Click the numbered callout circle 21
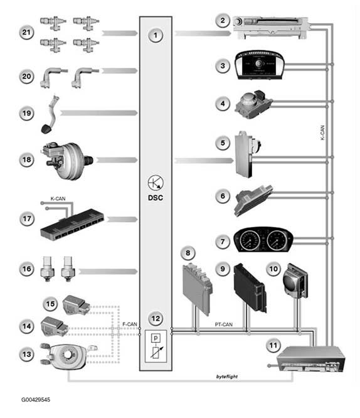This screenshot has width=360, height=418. point(26,33)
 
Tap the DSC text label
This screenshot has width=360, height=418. point(156,198)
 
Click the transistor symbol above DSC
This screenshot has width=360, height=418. point(156,183)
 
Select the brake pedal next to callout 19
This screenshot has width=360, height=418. point(50,115)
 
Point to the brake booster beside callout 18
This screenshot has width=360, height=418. point(67,160)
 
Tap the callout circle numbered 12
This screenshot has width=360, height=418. point(156,319)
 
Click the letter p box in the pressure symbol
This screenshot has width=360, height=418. point(156,338)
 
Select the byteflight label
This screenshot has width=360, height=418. point(227,377)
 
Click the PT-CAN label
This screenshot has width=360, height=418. point(223,324)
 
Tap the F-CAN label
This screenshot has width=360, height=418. point(129,324)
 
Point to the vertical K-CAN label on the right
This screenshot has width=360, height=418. point(322,132)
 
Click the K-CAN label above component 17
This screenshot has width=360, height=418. point(58,198)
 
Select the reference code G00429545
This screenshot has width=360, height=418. point(36,400)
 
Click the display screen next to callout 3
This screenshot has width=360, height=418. point(259,65)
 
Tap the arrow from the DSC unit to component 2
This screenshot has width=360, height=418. point(203,33)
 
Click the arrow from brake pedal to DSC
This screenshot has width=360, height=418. point(98,113)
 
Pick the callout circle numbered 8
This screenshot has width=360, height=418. point(188,253)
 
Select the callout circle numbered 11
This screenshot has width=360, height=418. point(273,346)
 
